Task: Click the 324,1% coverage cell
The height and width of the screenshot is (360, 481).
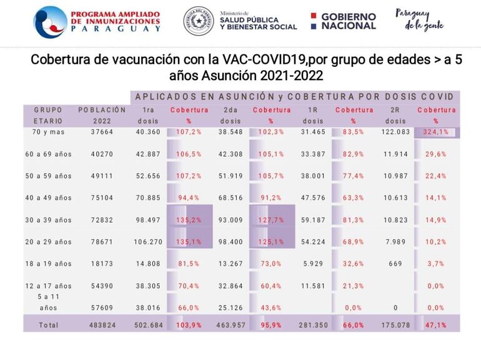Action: (436, 132)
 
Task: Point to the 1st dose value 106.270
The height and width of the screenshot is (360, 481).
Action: (148, 242)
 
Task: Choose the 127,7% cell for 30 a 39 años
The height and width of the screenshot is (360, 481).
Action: (270, 220)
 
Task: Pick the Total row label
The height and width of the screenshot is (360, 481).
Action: (48, 325)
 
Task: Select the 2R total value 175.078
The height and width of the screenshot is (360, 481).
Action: (395, 325)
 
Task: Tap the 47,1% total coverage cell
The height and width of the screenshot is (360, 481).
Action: (436, 325)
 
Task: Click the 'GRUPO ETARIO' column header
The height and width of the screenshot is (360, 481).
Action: (48, 116)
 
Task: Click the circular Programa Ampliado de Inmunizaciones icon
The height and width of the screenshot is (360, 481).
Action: (49, 22)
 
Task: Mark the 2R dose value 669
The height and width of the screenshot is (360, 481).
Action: (395, 264)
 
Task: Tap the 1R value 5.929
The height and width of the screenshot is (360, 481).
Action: (313, 264)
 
